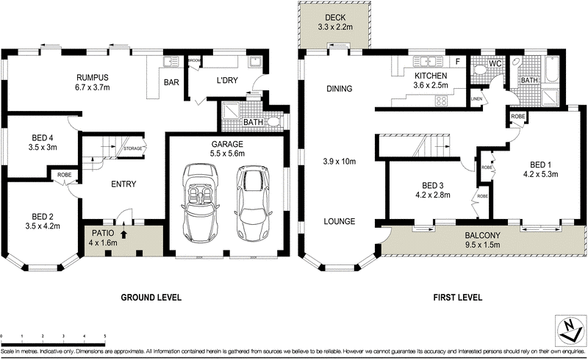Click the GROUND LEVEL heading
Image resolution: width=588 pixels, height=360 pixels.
151,298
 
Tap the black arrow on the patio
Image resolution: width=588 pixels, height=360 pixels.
123,236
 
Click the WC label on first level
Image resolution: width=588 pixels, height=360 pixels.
495,64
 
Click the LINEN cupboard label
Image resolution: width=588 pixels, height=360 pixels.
476,98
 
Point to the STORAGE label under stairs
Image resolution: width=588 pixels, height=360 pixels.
133,148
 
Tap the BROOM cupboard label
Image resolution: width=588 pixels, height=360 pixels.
194,60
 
